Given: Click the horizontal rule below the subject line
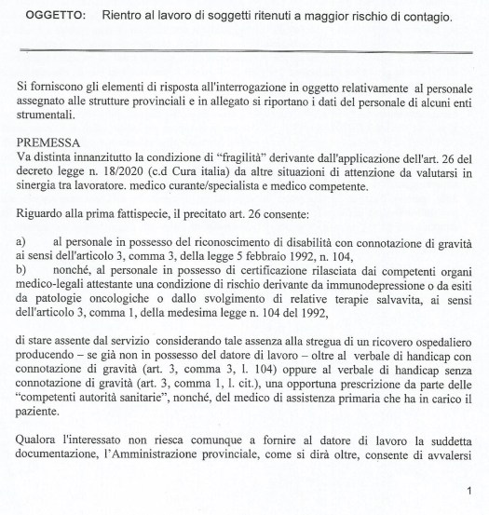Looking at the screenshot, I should click(244, 50).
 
